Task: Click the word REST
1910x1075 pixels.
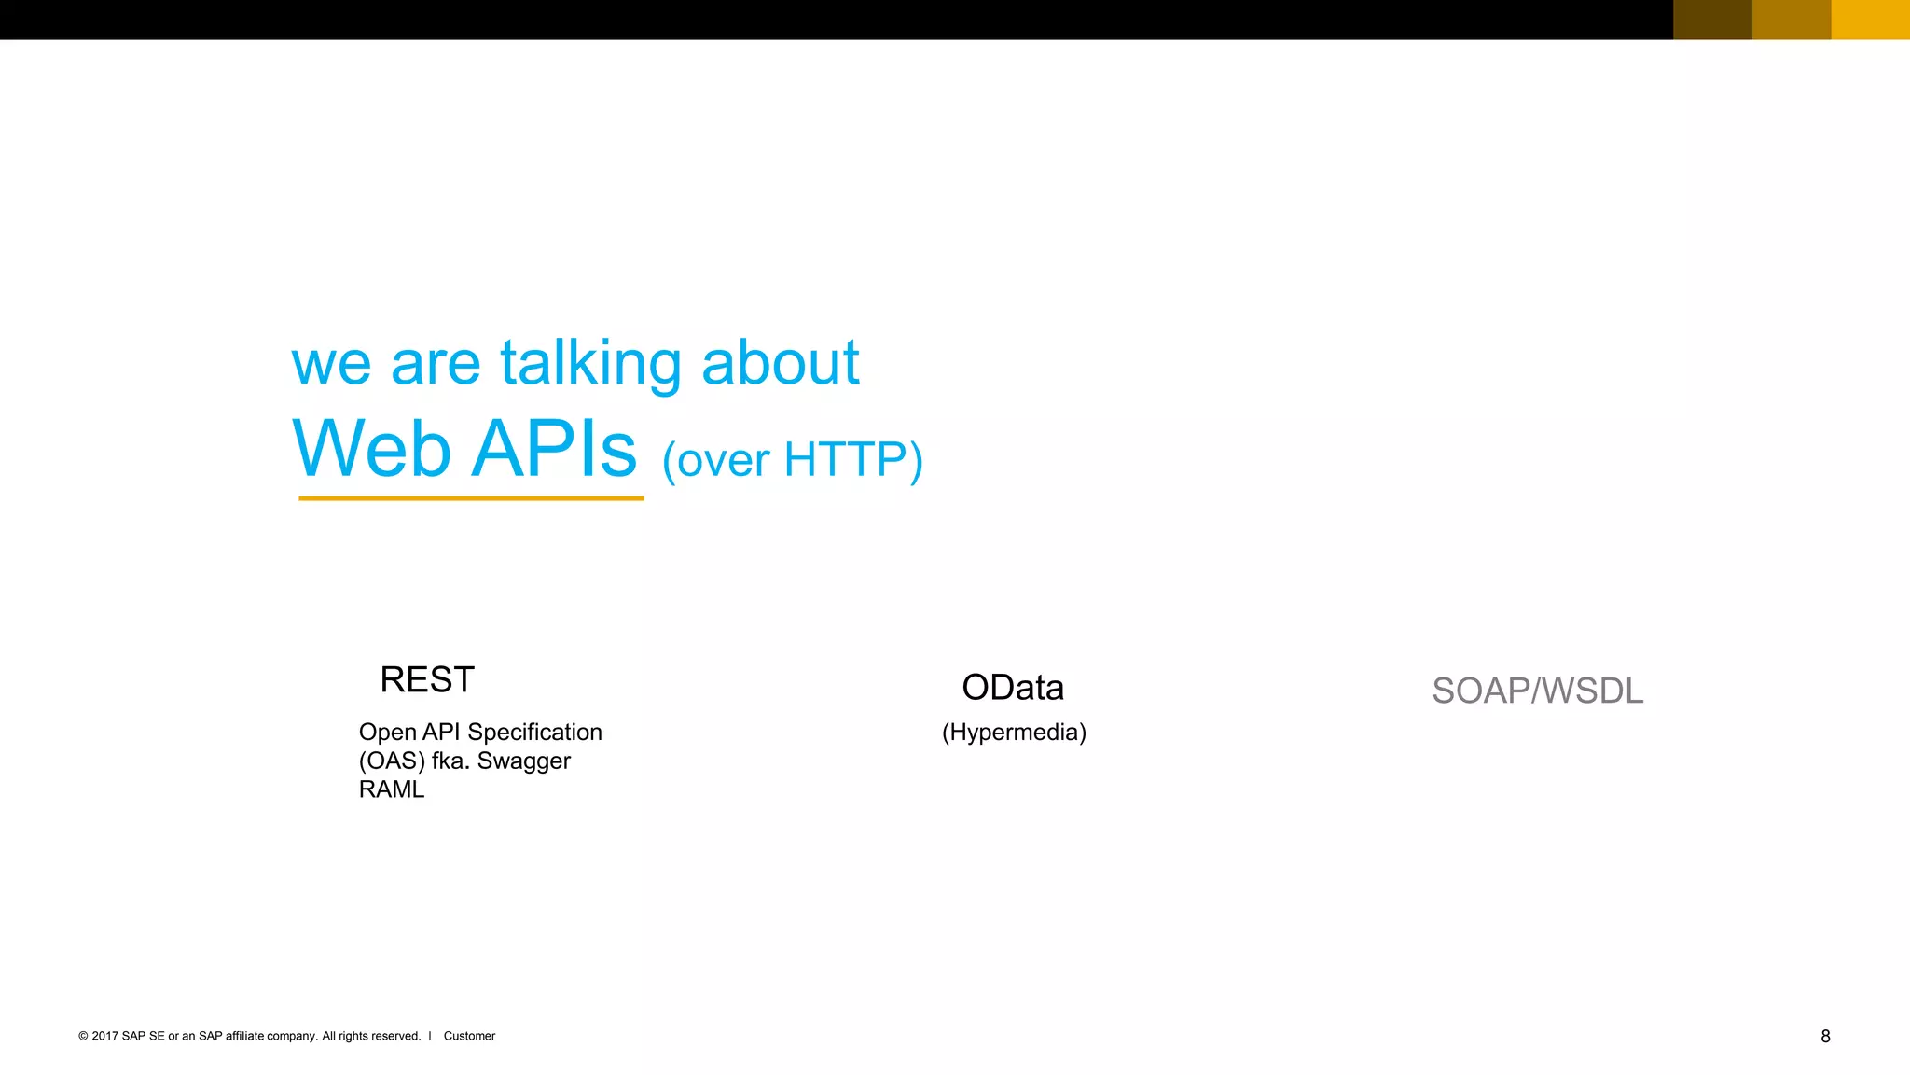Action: (x=427, y=680)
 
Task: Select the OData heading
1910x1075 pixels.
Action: (x=1013, y=688)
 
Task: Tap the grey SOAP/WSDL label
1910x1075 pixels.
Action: (x=1537, y=691)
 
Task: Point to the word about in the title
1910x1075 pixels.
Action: (x=780, y=363)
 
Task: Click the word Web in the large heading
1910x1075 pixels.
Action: (x=372, y=449)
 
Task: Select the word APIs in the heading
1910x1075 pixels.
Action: (x=555, y=449)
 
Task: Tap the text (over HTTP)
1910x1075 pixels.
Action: (x=793, y=460)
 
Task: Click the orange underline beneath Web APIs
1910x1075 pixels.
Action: (x=471, y=498)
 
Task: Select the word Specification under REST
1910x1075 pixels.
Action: (x=534, y=733)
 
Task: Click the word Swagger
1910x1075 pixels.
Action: (x=523, y=761)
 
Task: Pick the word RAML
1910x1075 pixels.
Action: (x=391, y=789)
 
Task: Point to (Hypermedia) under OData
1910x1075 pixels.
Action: (x=1014, y=733)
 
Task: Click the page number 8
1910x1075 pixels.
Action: (x=1825, y=1036)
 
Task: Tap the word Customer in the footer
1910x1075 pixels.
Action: (x=469, y=1036)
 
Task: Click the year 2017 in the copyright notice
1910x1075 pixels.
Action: (x=104, y=1036)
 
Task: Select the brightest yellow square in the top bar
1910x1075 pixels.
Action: (x=1870, y=20)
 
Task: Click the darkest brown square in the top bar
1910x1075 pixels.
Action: (x=1712, y=20)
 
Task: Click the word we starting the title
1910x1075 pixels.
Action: (x=331, y=363)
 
